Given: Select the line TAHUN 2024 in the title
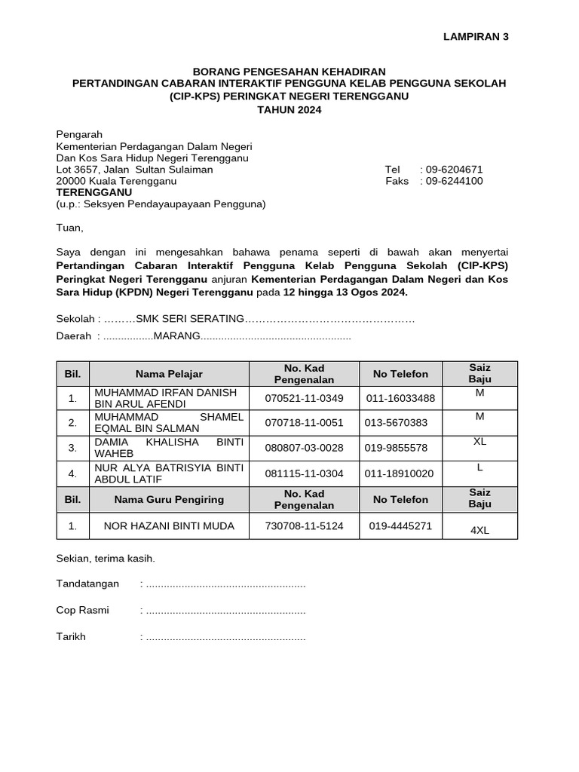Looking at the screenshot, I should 289,109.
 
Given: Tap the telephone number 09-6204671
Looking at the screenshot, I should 455,170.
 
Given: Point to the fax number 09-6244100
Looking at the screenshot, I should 455,181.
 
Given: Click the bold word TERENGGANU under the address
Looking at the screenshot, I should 89,192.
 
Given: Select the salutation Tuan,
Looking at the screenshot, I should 71,228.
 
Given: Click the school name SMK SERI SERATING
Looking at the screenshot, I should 190,319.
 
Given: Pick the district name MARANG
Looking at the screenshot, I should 177,335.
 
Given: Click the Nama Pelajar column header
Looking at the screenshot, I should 169,374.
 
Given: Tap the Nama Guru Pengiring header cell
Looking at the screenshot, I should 169,499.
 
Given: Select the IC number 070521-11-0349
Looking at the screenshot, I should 304,398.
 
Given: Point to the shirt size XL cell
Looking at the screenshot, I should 479,442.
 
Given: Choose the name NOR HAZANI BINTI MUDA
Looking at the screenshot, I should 169,526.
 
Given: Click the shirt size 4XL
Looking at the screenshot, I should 479,530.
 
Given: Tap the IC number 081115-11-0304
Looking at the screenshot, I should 304,473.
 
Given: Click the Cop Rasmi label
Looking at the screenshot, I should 83,610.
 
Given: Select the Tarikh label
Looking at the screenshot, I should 72,636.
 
